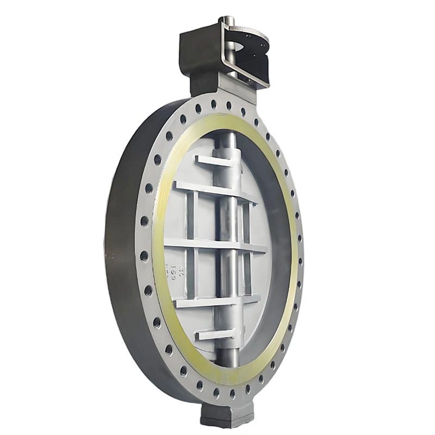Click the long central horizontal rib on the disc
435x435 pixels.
point(215,244)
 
